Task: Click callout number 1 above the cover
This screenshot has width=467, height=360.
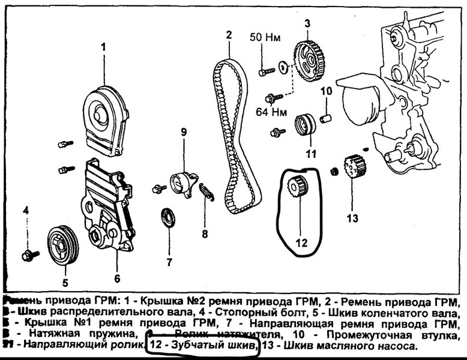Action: point(103,46)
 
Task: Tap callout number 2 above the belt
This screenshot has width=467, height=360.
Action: point(229,35)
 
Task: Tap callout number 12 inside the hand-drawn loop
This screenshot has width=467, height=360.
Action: point(301,243)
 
